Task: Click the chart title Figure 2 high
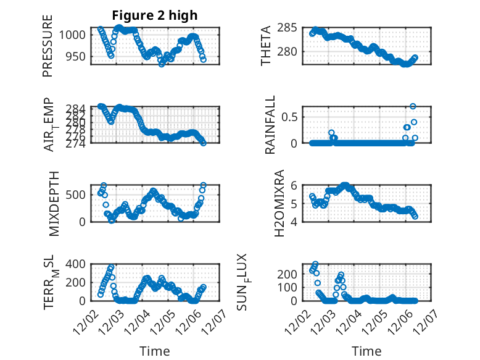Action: [x=154, y=15]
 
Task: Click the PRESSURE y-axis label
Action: [x=48, y=46]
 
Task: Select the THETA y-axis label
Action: [x=266, y=46]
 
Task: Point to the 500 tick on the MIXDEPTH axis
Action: [x=78, y=195]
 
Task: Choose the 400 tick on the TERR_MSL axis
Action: [x=78, y=264]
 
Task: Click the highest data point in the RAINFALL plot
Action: [x=413, y=106]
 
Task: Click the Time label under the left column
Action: [x=154, y=351]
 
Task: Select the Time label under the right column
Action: [x=366, y=351]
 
